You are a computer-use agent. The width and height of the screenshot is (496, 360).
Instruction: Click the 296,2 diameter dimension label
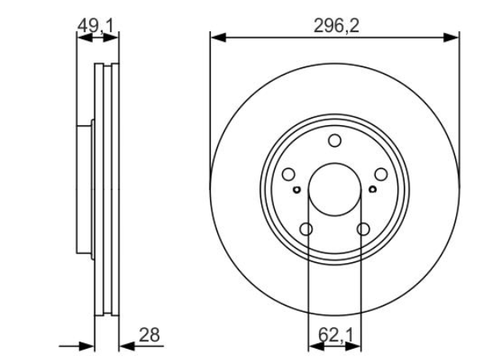[x=337, y=26]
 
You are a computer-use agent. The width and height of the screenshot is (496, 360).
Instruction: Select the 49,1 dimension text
[x=95, y=26]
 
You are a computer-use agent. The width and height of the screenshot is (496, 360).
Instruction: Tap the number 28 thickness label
[x=149, y=335]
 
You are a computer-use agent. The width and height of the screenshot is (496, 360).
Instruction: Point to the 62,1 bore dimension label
[x=335, y=335]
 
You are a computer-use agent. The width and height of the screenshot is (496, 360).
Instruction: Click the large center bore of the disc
[x=335, y=189]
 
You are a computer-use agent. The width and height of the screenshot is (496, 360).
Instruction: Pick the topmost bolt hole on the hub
[x=334, y=140]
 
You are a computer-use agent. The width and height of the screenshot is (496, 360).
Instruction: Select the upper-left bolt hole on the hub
[x=288, y=175]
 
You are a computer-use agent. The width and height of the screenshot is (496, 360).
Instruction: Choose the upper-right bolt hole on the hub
[x=381, y=175]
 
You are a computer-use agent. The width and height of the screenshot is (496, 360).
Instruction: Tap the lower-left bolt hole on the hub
[x=306, y=229]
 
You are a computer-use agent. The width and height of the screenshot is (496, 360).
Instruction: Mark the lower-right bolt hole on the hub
[x=363, y=229]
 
